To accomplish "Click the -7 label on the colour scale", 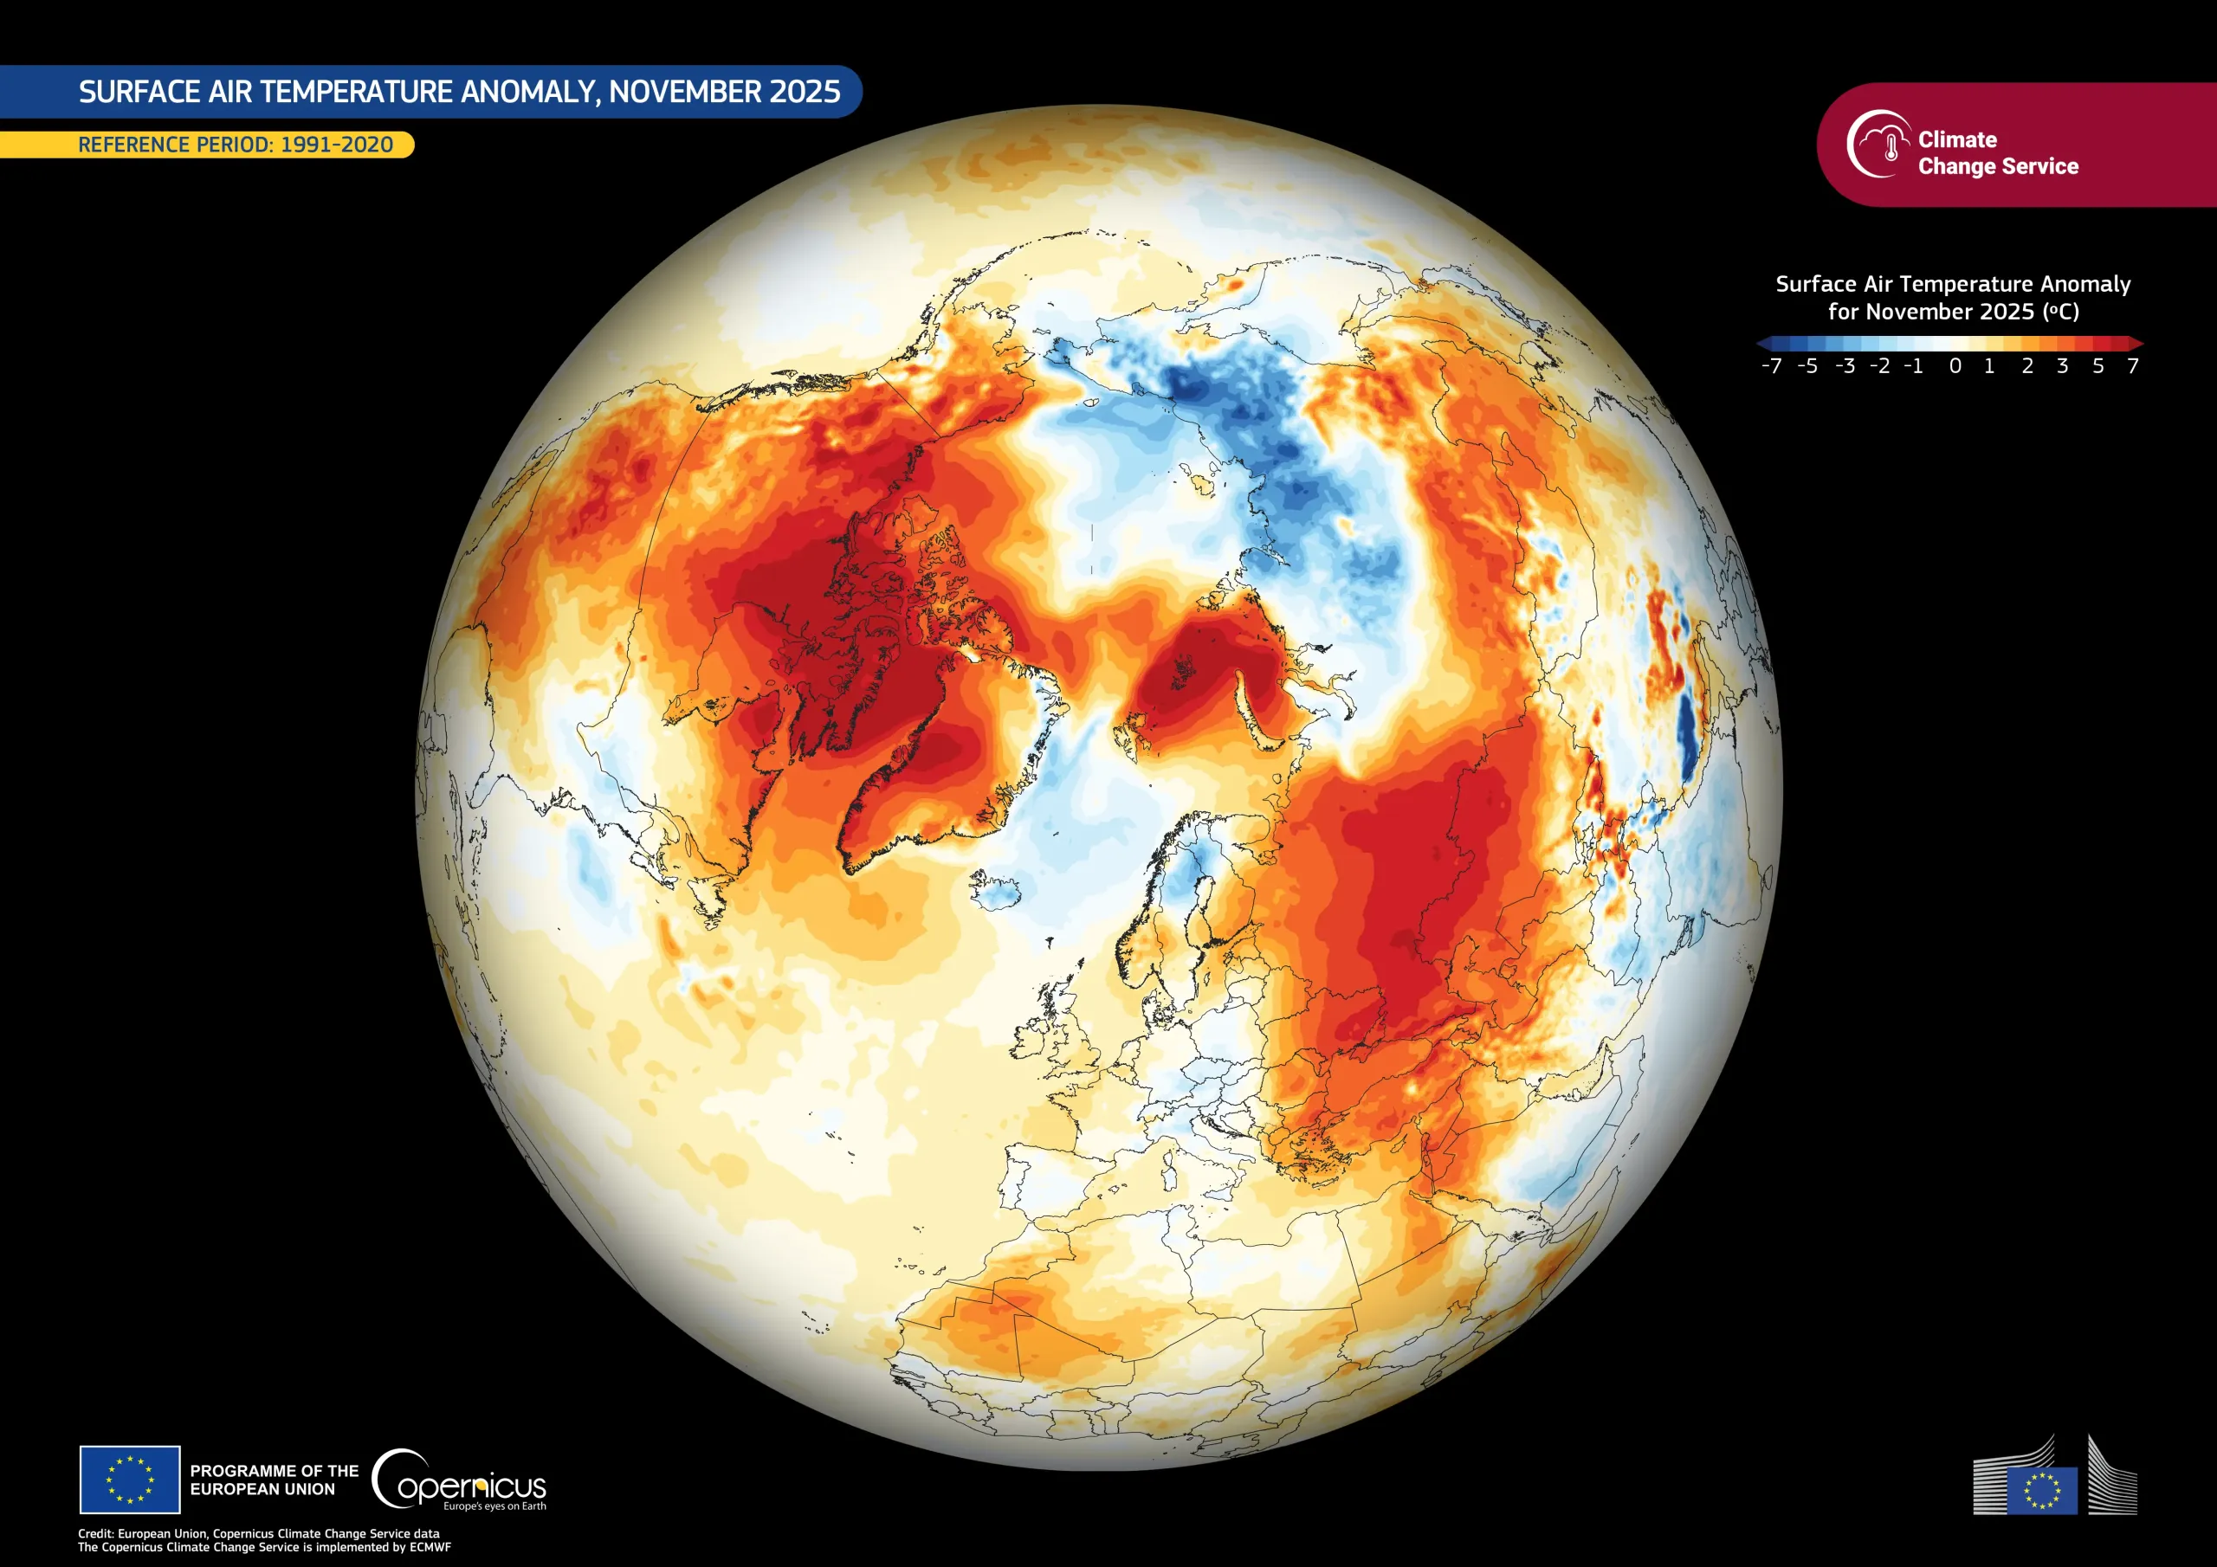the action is point(1771,367).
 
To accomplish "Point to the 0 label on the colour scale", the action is point(1955,367).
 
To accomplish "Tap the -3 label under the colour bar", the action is point(1845,367).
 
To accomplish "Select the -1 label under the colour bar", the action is point(1913,367).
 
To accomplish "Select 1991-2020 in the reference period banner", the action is point(336,145).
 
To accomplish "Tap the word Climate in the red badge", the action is point(1957,140).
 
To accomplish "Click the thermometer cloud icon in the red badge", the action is point(1879,145).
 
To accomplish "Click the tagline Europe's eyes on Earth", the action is point(494,1506).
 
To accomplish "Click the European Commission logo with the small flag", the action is point(2054,1490).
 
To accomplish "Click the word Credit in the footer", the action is point(95,1533).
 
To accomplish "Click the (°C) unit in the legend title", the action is point(2060,312).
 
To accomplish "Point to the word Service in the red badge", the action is point(2041,167).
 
